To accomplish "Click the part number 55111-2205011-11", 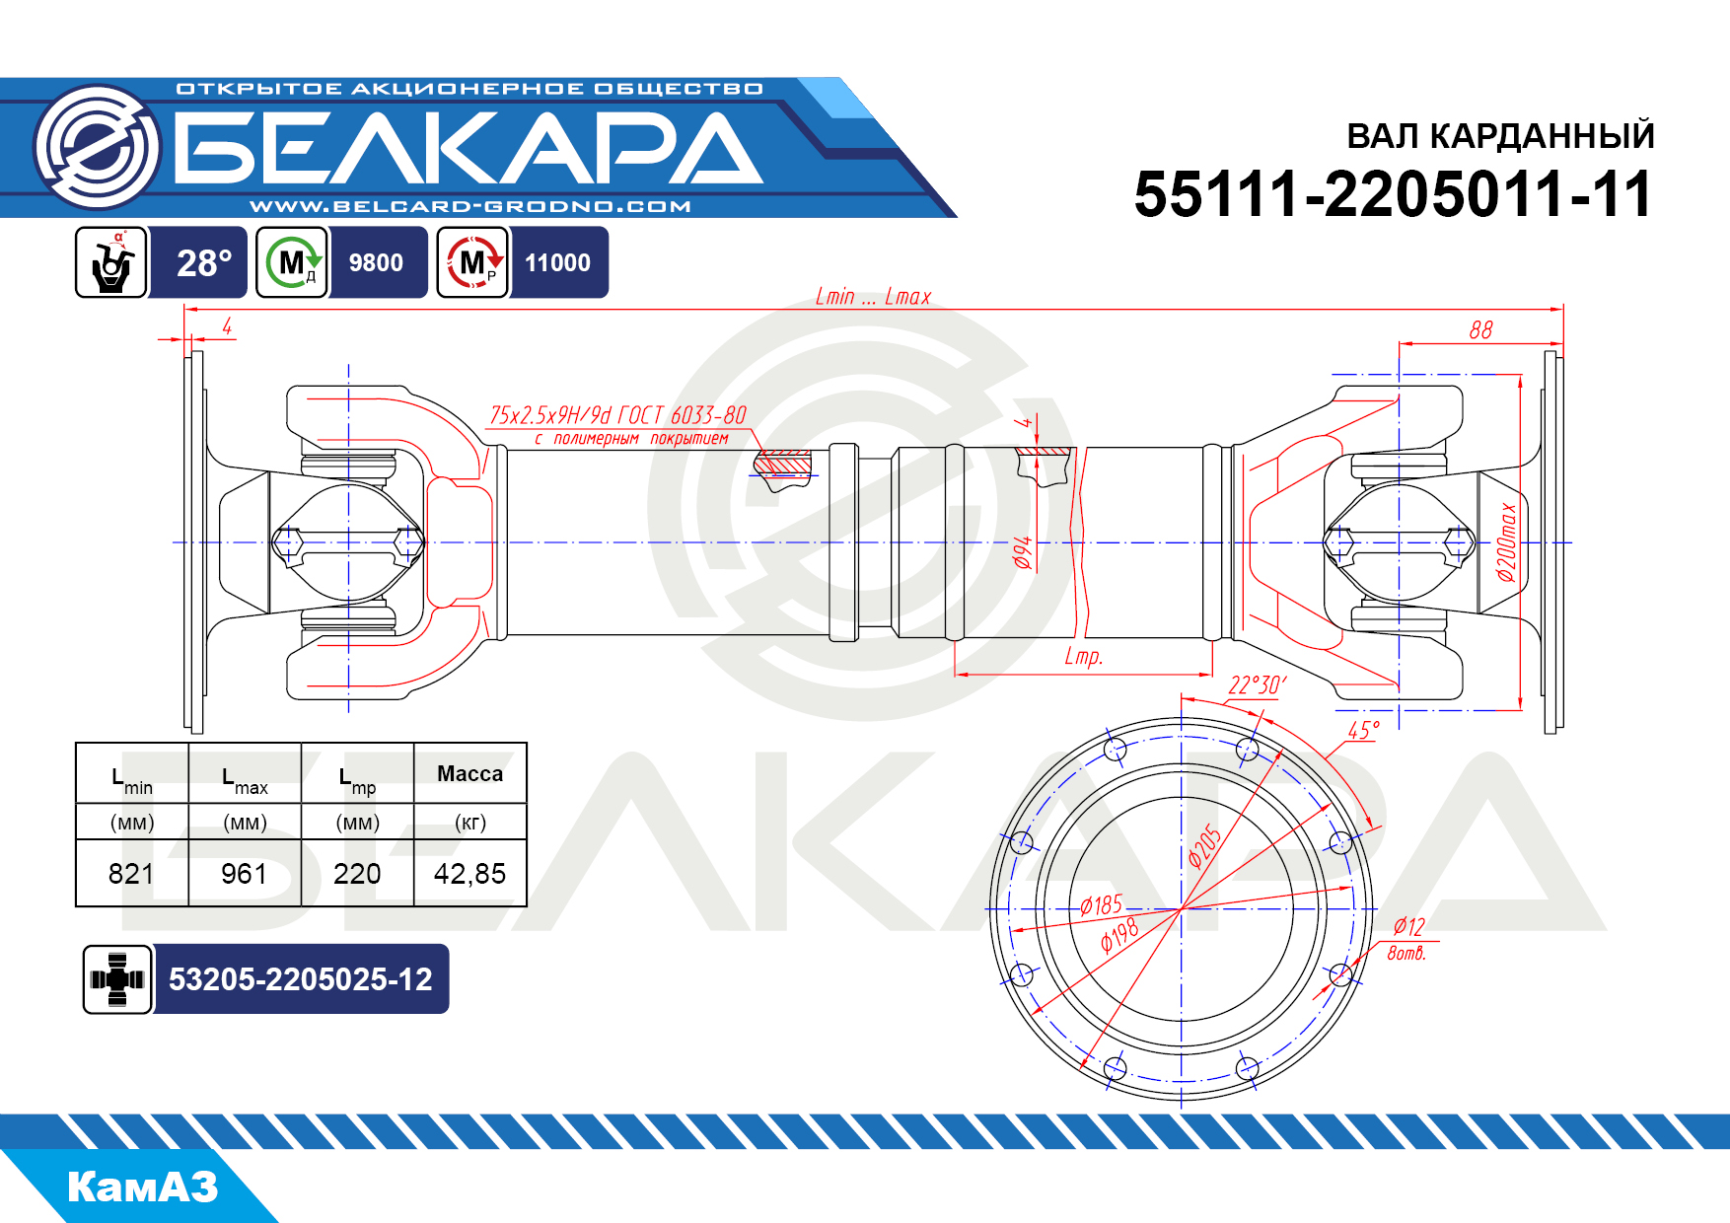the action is tap(1393, 194).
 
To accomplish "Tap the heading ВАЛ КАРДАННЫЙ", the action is tap(1500, 136).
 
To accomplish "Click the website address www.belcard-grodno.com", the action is tap(470, 206).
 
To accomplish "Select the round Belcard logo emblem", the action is tap(97, 147).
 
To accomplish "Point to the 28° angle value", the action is tap(204, 263).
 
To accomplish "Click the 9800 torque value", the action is tap(376, 263).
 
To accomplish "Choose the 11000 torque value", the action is tap(557, 263).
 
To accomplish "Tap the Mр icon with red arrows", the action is tap(473, 262).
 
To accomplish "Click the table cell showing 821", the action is tap(131, 874).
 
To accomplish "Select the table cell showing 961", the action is tap(244, 874).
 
